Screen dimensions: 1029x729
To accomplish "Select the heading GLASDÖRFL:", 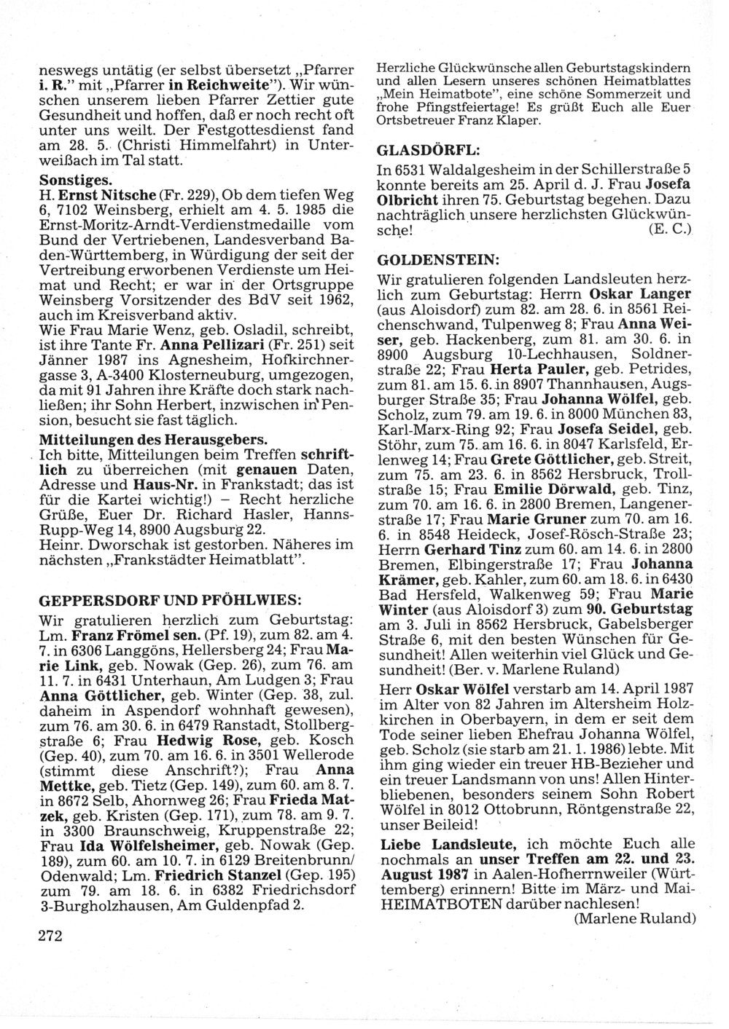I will pyautogui.click(x=428, y=151).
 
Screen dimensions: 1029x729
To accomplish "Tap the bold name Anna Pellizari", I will pyautogui.click(x=206, y=343).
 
